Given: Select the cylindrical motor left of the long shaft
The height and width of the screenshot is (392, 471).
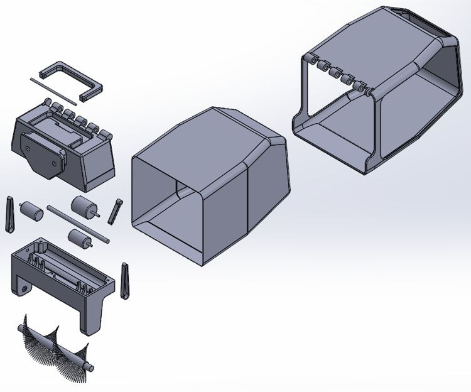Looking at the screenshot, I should (x=31, y=210).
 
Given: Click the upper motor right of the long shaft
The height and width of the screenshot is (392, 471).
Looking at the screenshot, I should (x=83, y=205).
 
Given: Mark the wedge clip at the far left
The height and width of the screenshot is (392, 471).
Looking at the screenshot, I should (x=9, y=214).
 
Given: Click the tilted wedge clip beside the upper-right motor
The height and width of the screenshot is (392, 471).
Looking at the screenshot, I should (x=115, y=211).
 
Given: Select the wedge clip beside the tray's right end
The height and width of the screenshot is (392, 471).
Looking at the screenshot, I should (x=124, y=279).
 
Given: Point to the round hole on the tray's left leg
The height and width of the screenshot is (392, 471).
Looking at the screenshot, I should (x=24, y=288).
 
